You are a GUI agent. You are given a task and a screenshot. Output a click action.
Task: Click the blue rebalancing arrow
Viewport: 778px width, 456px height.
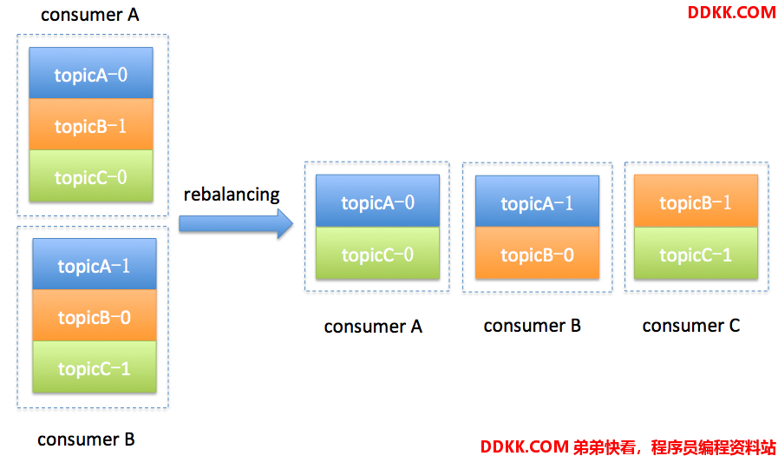click(x=236, y=223)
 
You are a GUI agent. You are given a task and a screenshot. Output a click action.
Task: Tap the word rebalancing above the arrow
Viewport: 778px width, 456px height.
click(x=232, y=195)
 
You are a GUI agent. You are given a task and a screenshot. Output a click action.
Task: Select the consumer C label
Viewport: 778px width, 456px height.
click(x=691, y=326)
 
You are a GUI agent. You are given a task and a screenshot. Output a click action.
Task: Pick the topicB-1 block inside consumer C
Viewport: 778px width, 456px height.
click(x=696, y=201)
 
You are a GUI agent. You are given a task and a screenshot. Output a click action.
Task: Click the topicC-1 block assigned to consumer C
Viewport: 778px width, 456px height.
click(x=696, y=253)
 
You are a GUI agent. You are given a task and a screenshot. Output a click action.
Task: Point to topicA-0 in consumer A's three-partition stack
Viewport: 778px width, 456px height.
click(x=91, y=73)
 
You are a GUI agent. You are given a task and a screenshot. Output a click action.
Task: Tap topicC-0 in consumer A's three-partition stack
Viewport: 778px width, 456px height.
click(x=91, y=175)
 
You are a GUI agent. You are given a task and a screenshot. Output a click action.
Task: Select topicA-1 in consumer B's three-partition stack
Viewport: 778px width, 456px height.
click(x=95, y=264)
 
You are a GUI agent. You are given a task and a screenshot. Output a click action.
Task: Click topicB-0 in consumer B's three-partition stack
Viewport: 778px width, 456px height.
click(x=95, y=315)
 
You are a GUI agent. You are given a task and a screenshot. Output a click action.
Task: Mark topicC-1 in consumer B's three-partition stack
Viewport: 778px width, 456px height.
click(x=95, y=367)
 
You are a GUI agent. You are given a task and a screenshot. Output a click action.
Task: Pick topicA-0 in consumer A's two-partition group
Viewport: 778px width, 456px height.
click(x=377, y=201)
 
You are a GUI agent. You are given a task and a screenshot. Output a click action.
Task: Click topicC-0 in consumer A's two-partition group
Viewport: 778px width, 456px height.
click(x=377, y=253)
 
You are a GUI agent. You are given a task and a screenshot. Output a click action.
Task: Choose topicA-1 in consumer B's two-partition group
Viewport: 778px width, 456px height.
click(x=537, y=202)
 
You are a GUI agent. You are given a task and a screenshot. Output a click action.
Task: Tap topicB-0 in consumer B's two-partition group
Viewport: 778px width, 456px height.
click(x=537, y=253)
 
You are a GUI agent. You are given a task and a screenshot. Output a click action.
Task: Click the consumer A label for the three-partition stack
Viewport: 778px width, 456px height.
click(x=90, y=15)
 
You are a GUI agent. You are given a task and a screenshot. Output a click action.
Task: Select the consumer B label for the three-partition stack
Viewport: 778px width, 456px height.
click(x=86, y=439)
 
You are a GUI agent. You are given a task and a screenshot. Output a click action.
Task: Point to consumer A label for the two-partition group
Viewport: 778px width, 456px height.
click(x=373, y=327)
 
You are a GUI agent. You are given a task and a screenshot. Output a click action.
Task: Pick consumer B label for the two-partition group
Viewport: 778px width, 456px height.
click(x=532, y=326)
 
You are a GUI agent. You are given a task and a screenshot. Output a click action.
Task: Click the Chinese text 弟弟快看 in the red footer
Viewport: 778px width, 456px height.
click(x=604, y=446)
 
